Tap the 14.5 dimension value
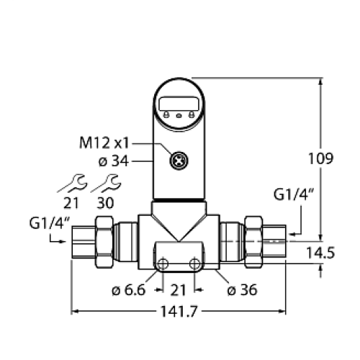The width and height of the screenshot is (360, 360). click(x=339, y=253)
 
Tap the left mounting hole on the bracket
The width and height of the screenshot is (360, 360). click(x=163, y=265)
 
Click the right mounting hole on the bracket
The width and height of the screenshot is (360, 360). click(x=194, y=265)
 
